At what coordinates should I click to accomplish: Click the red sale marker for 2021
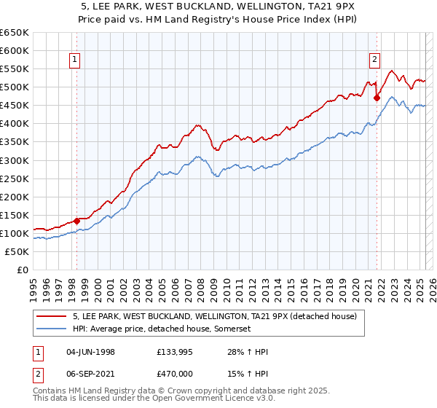(377, 98)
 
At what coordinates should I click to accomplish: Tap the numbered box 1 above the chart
(76, 60)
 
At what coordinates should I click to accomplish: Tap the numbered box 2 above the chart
(374, 60)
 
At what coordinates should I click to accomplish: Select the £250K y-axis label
(15, 178)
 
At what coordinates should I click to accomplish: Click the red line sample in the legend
(52, 317)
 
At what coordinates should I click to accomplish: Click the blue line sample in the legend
(52, 329)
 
